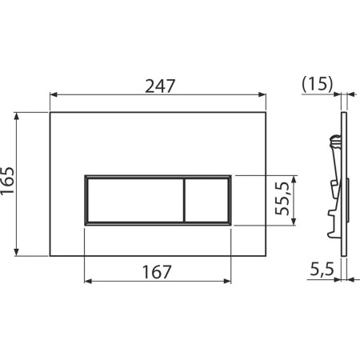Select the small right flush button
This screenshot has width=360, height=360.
(207, 199)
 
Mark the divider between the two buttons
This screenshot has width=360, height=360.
(184, 199)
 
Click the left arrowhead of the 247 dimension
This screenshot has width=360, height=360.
(54, 94)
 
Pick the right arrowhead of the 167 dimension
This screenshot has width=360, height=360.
(230, 282)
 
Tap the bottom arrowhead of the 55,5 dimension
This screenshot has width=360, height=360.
(297, 222)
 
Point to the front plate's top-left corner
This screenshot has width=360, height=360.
(50, 111)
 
